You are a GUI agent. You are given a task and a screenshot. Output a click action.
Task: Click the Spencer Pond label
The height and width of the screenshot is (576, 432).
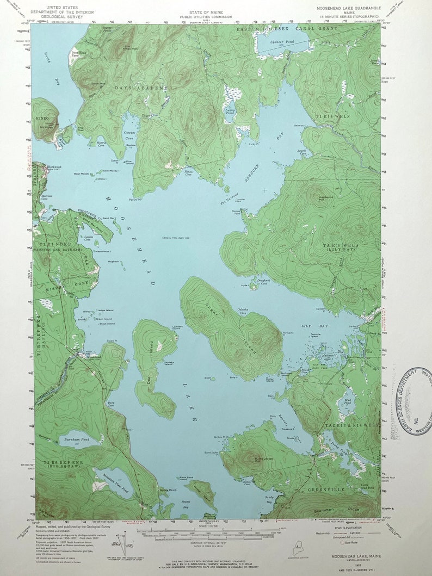[x=270, y=42]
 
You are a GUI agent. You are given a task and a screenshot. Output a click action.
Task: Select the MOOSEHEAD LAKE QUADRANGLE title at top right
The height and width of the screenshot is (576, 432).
[x=348, y=9]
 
